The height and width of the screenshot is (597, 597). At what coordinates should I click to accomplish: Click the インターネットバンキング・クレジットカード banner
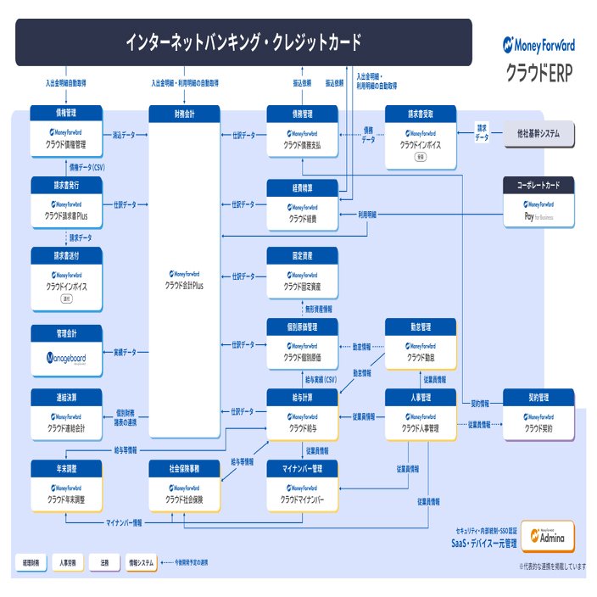pyautogui.click(x=243, y=42)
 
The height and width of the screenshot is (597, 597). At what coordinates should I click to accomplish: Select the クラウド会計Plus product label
pyautogui.click(x=184, y=286)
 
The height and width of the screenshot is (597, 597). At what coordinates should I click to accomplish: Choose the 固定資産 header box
pyautogui.click(x=302, y=254)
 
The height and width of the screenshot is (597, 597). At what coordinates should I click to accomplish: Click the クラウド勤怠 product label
pyautogui.click(x=421, y=358)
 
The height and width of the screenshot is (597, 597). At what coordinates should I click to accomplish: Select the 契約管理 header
pyautogui.click(x=538, y=396)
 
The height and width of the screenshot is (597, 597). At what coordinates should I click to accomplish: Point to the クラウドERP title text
pyautogui.click(x=538, y=70)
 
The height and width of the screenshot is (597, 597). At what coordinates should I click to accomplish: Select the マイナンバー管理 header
pyautogui.click(x=302, y=468)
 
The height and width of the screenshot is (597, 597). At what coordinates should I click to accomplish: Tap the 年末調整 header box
pyautogui.click(x=66, y=468)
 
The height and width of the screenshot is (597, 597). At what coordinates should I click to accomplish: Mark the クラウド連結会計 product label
pyautogui.click(x=66, y=429)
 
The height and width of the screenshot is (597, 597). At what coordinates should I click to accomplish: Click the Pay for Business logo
pyautogui.click(x=538, y=217)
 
